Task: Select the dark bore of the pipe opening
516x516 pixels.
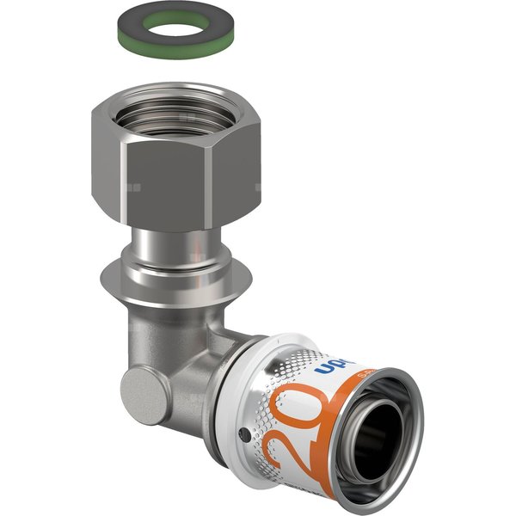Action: click(385, 444)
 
